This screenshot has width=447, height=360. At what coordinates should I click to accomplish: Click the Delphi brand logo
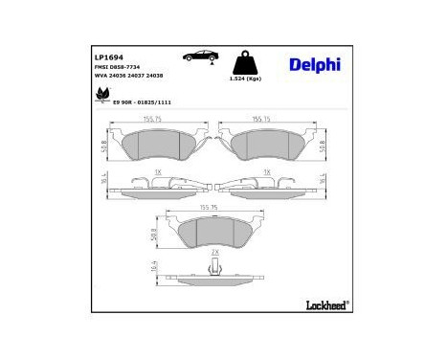pyautogui.click(x=314, y=65)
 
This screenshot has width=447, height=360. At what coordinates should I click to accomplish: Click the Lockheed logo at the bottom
pyautogui.click(x=325, y=304)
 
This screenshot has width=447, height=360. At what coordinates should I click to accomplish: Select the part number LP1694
pyautogui.click(x=107, y=57)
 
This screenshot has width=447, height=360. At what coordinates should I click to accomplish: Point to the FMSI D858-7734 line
pyautogui.click(x=119, y=68)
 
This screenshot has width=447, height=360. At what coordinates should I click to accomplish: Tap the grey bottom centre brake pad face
pyautogui.click(x=214, y=231)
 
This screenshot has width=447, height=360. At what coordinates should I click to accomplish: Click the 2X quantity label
pyautogui.click(x=214, y=252)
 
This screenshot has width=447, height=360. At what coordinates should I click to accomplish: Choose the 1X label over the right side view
pyautogui.click(x=266, y=171)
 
